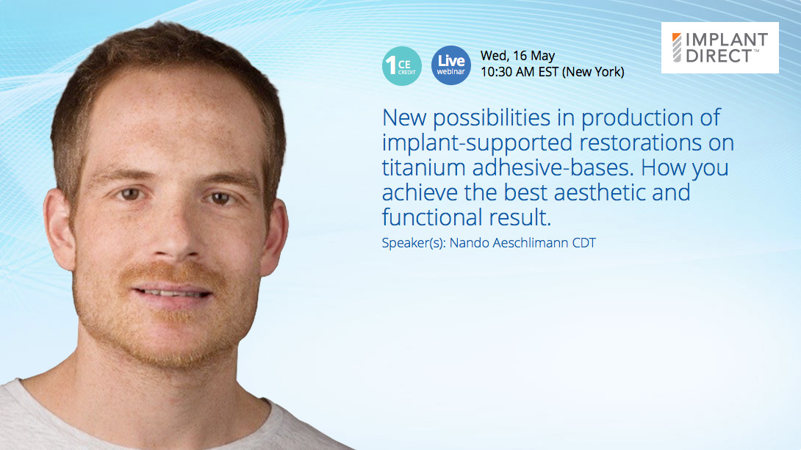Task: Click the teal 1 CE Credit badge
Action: (x=401, y=66)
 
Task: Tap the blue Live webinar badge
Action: (x=450, y=65)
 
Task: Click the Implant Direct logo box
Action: (x=719, y=48)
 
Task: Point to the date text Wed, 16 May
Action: (x=517, y=56)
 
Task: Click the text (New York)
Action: (x=593, y=72)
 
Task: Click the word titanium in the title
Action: (x=423, y=167)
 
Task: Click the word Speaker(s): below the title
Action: (x=414, y=244)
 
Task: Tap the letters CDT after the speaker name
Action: (x=584, y=243)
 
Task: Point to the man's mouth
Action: (x=172, y=294)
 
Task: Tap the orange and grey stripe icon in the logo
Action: (x=676, y=48)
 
